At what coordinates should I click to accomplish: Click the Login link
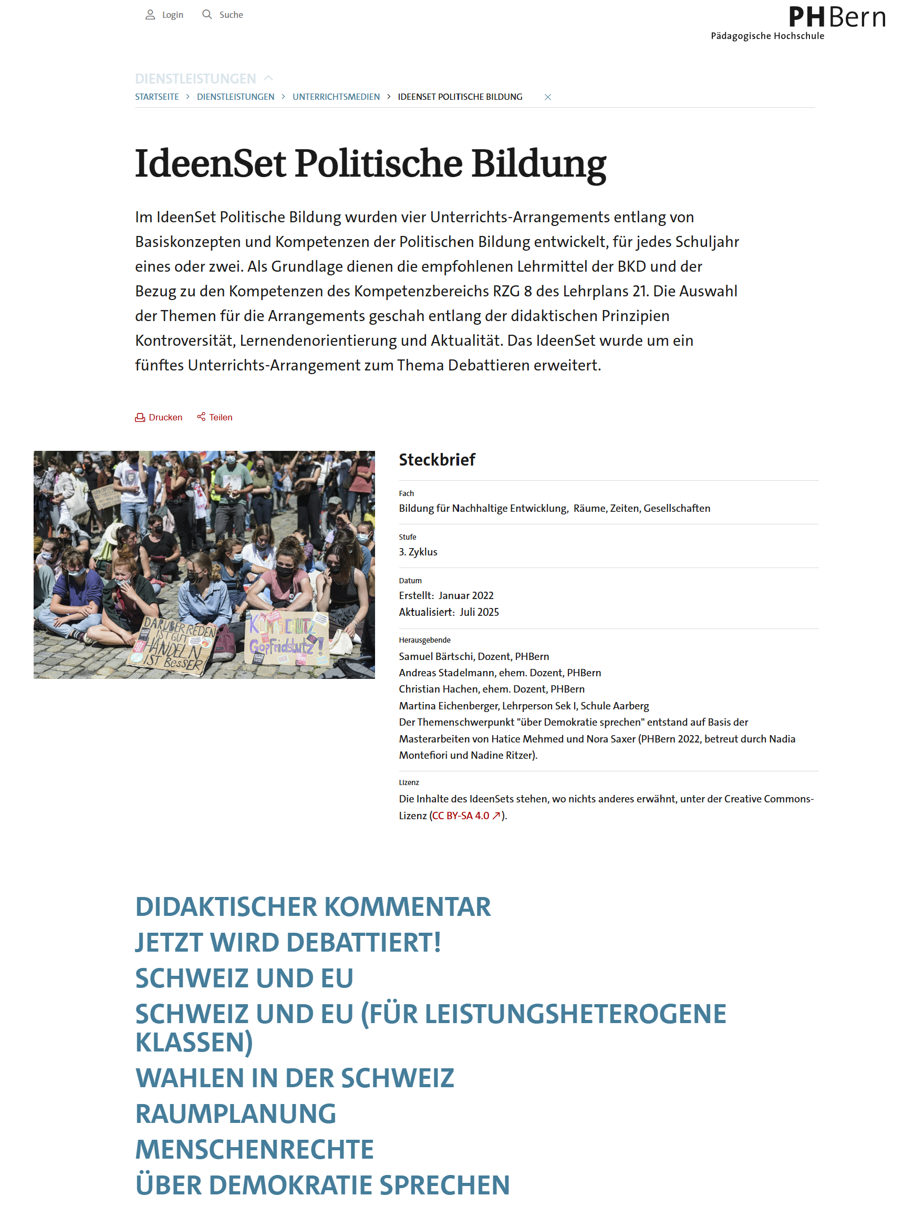click(x=164, y=15)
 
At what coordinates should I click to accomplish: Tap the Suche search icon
click(x=207, y=14)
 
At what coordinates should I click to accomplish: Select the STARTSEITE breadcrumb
click(x=157, y=97)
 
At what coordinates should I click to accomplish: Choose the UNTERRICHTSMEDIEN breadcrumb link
click(x=336, y=97)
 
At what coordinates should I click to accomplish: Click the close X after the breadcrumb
click(x=548, y=97)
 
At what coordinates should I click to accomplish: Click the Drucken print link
click(x=159, y=418)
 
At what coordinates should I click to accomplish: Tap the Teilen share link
click(x=215, y=418)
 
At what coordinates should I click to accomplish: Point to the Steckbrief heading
click(x=437, y=460)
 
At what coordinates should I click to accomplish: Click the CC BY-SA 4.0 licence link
click(x=466, y=816)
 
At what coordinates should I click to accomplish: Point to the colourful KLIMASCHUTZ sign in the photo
click(x=286, y=637)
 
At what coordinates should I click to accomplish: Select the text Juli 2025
click(x=480, y=612)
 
